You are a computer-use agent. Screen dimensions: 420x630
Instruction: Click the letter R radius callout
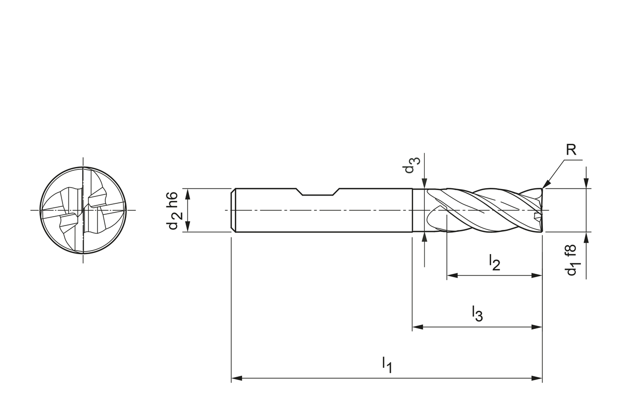click(570, 150)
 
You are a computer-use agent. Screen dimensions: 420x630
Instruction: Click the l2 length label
click(494, 262)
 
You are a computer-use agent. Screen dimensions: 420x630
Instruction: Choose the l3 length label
click(477, 313)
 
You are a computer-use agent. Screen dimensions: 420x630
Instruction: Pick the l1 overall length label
click(387, 365)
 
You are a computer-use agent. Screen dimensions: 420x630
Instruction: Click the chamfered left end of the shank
click(234, 210)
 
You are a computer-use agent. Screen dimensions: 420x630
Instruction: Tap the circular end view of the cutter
click(83, 210)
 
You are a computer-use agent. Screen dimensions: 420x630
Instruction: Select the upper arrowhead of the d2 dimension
click(188, 194)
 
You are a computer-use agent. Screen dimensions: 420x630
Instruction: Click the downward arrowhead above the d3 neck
click(424, 183)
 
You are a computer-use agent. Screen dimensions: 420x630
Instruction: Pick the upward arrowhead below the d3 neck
click(424, 237)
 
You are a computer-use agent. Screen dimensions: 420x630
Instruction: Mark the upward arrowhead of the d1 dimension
click(586, 237)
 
